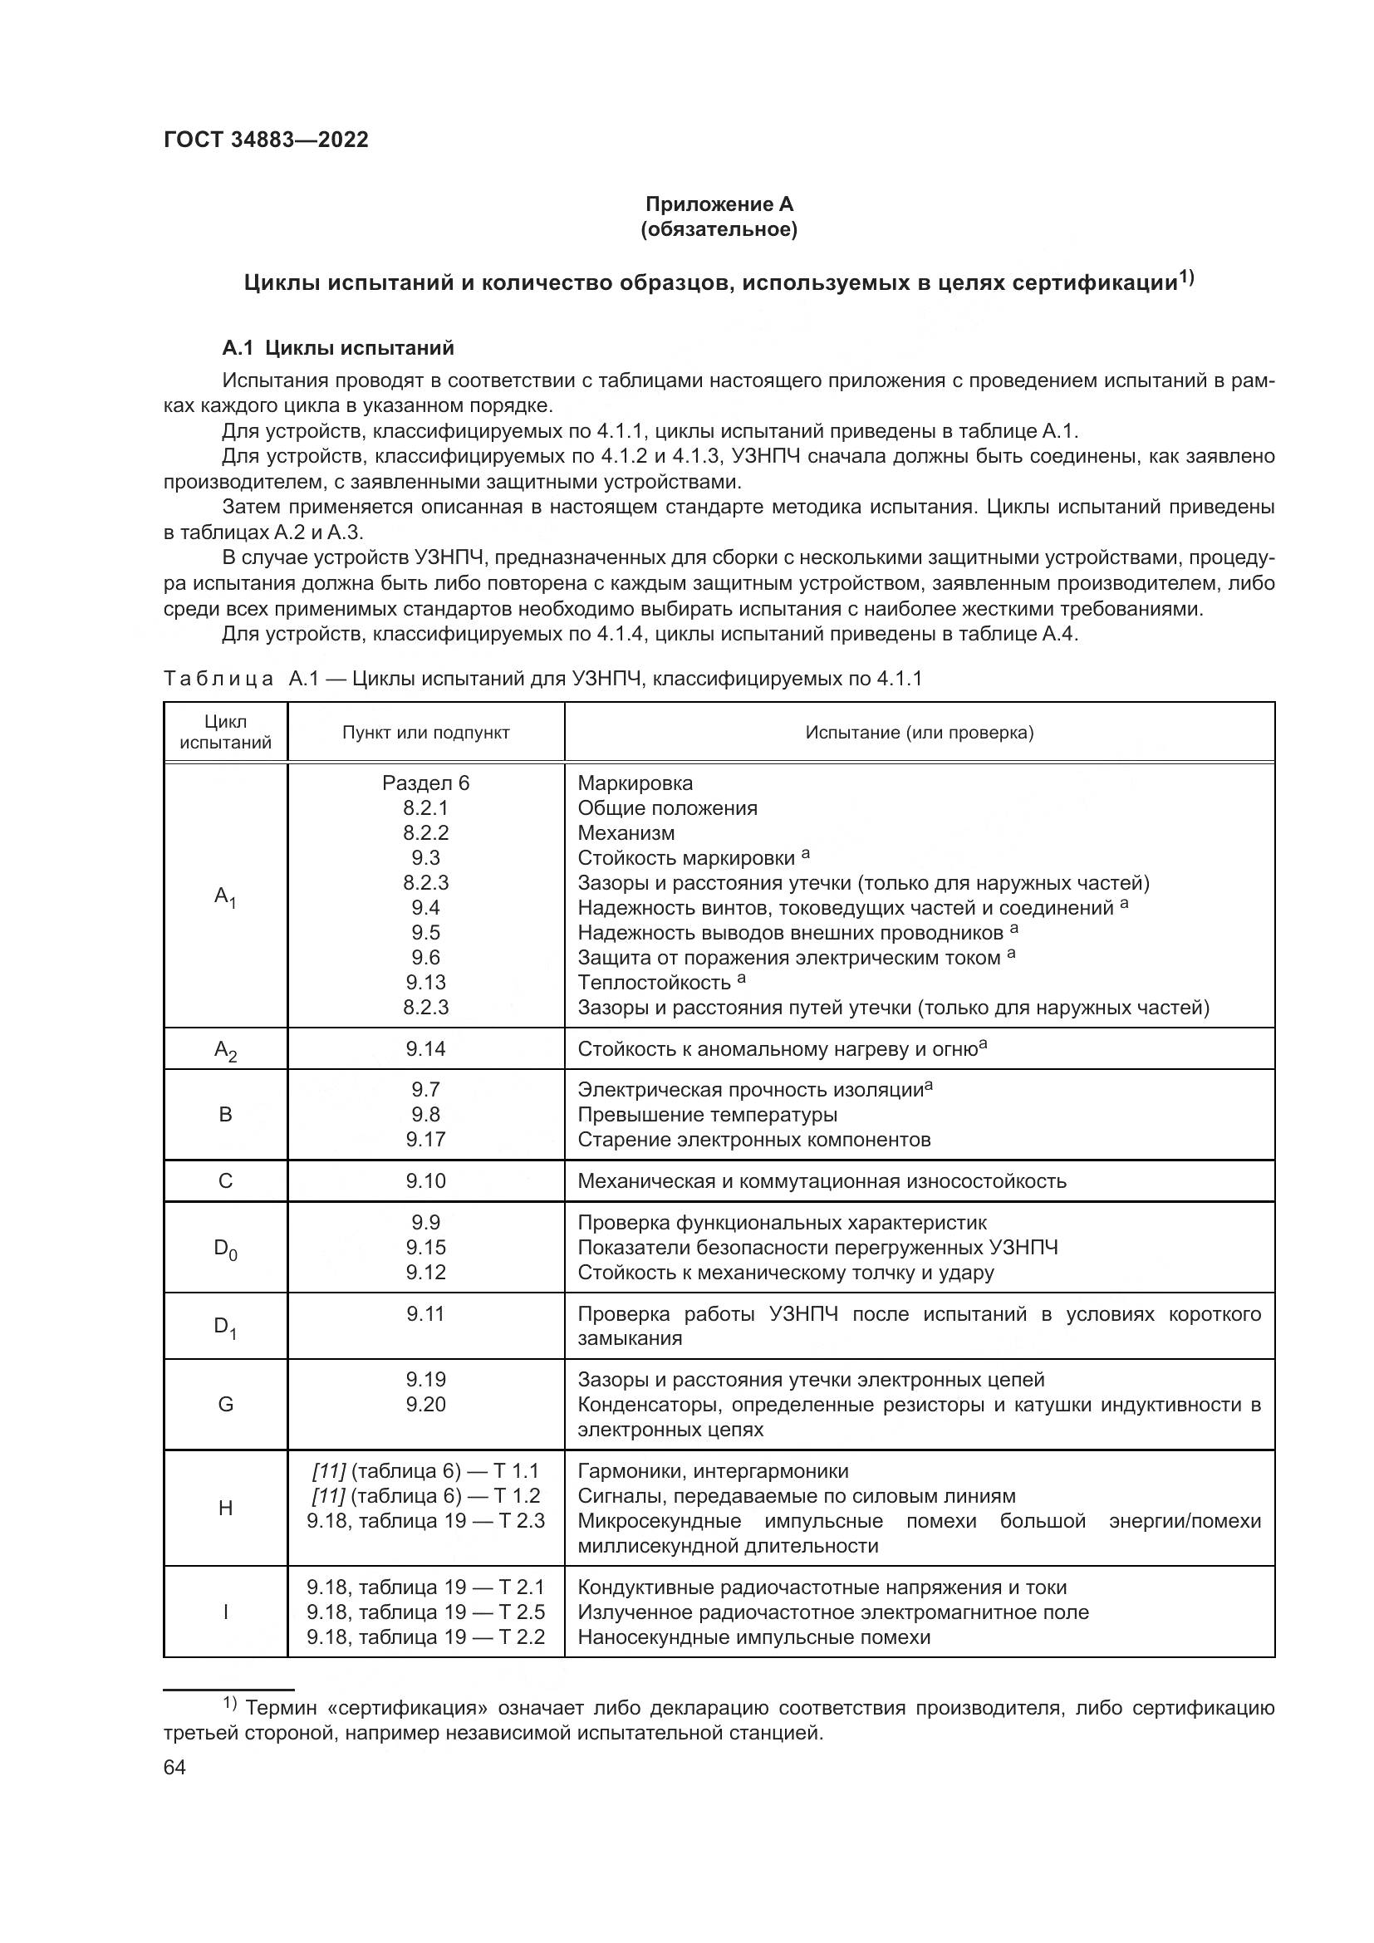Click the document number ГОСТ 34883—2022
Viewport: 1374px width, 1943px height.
266,140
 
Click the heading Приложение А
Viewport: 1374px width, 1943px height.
719,204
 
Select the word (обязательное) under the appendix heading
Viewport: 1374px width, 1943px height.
719,229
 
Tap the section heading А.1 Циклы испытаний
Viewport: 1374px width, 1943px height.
337,348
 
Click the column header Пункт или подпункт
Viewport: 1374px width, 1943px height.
425,733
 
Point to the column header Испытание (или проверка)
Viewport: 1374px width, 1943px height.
919,733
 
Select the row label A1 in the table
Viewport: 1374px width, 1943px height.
225,896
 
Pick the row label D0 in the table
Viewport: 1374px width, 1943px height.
225,1249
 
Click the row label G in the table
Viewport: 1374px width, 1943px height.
225,1405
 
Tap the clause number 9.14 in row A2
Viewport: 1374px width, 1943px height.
425,1049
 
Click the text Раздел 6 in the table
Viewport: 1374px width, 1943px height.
425,783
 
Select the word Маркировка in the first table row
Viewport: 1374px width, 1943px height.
635,783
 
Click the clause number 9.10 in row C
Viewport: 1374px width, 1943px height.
425,1181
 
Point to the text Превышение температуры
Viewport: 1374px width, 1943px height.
707,1115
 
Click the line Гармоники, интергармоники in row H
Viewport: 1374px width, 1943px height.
713,1472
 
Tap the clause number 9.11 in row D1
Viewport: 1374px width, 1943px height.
425,1314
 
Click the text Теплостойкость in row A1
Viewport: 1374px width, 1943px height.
654,984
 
